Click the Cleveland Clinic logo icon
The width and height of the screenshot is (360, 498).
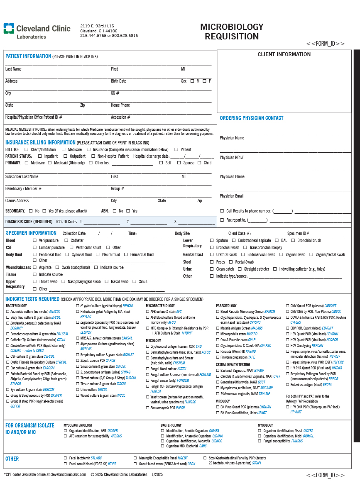click(9, 29)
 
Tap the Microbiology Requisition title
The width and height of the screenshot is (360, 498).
click(232, 32)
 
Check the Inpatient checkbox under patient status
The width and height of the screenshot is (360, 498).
click(40, 156)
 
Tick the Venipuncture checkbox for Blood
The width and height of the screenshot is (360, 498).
click(34, 240)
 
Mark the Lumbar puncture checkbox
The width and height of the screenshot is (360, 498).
click(34, 247)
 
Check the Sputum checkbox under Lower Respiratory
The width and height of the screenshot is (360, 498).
click(212, 240)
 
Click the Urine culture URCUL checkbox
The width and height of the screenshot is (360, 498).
click(77, 390)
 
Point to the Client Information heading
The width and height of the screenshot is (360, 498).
click(284, 54)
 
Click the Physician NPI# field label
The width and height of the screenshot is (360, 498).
click(232, 157)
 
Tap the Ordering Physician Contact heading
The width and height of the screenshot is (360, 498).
click(252, 118)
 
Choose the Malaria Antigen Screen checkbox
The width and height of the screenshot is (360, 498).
click(218, 328)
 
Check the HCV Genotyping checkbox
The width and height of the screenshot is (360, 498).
click(287, 345)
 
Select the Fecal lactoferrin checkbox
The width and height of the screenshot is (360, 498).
click(65, 458)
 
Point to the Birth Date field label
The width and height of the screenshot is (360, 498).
click(118, 81)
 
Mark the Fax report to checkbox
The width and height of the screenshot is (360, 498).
click(222, 220)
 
